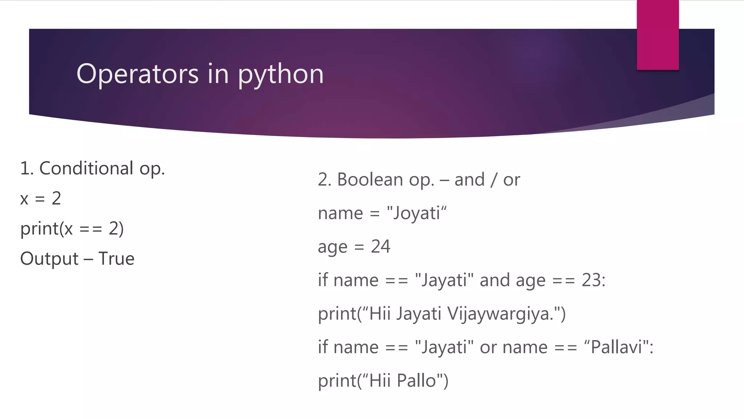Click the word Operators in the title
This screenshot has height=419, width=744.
137,74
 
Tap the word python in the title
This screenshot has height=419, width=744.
280,75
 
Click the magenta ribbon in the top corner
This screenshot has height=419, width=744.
658,35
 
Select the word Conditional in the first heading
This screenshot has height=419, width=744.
86,168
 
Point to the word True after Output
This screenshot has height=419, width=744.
116,259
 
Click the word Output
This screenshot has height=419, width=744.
49,259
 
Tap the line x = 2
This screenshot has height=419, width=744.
41,199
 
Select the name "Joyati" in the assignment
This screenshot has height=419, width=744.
416,213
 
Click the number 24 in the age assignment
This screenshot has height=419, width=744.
380,247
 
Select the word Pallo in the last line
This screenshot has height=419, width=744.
416,381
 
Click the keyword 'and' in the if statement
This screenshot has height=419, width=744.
494,280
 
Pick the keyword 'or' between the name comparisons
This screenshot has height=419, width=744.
488,347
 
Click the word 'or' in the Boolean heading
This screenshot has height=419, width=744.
511,180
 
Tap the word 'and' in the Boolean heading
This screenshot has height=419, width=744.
469,180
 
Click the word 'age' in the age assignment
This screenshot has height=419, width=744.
332,247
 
